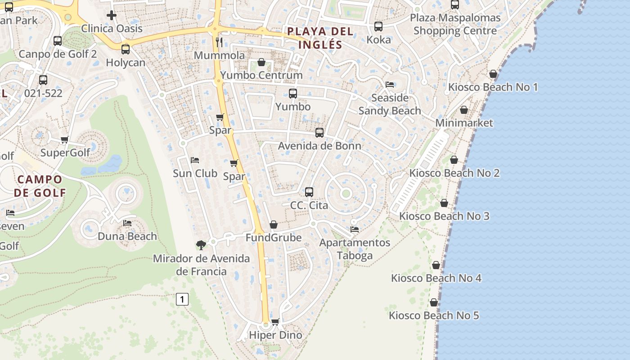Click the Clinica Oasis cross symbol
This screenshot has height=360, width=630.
112,16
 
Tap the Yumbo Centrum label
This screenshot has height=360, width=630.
261,75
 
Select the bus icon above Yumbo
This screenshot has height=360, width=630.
293,94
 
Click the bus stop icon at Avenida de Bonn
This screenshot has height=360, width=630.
319,133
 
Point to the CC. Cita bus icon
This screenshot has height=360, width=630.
309,192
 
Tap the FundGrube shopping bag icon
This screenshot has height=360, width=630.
274,224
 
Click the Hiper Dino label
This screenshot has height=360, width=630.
275,335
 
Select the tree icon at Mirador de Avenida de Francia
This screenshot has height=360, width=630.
201,245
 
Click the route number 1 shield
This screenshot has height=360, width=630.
182,299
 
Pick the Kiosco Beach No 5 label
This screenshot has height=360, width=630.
434,315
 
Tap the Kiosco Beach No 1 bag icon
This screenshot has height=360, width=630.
493,74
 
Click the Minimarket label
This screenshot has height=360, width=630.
464,123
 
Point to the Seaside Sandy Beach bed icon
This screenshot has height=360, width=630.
390,85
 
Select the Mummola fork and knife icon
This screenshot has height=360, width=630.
220,42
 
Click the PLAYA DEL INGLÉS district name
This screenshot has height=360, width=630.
320,38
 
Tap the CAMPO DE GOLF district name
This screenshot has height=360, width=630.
40,186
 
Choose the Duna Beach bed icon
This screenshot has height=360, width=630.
127,223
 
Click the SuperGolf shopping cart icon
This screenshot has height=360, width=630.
65,140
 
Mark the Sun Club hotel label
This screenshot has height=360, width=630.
195,173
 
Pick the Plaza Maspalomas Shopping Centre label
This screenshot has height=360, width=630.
455,25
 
